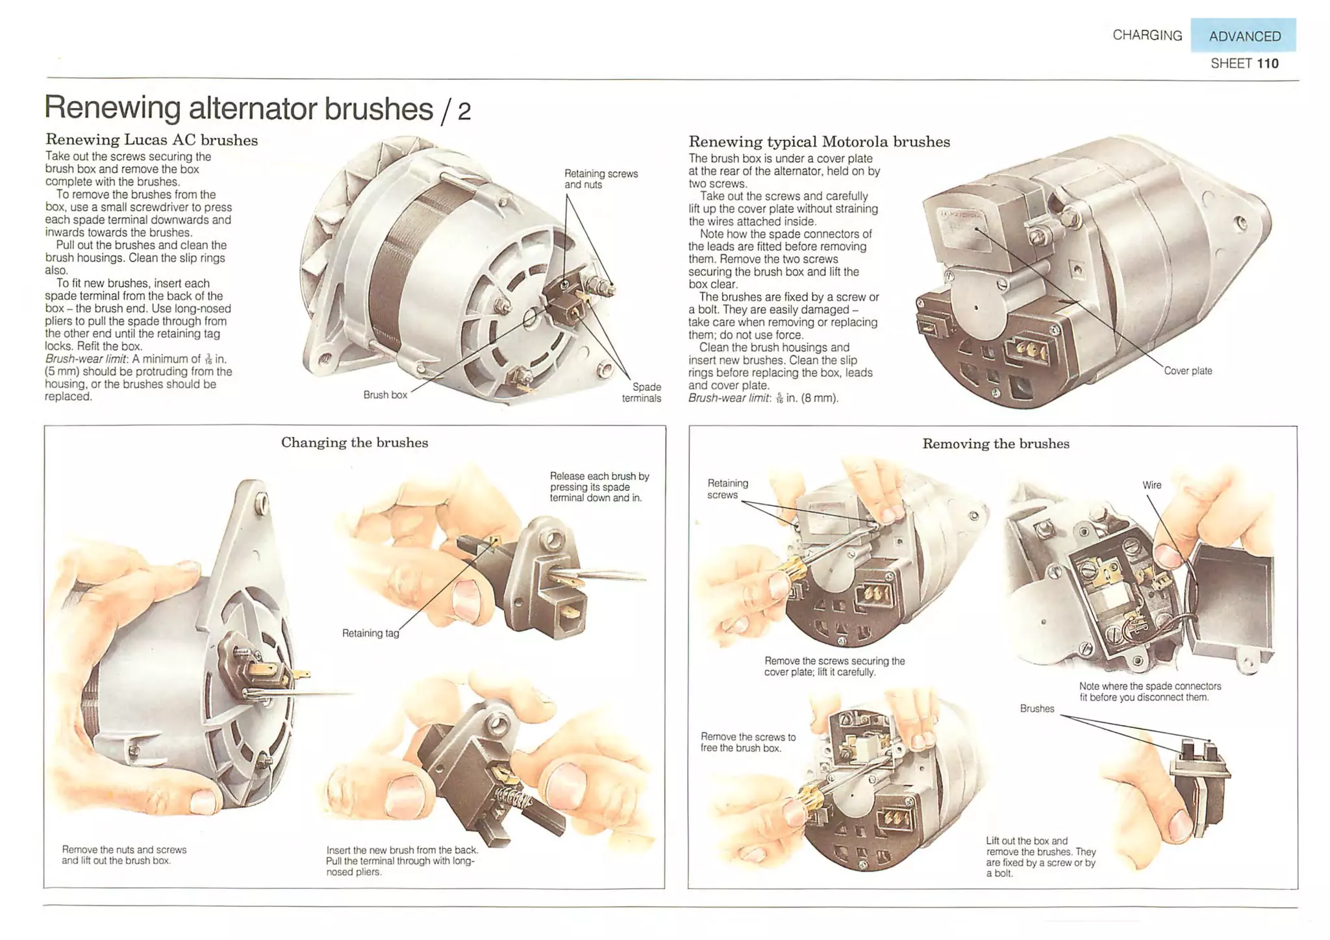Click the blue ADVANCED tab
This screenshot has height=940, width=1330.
[1243, 36]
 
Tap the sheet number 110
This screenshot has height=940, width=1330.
[1267, 64]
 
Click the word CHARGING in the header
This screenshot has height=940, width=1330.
[1147, 35]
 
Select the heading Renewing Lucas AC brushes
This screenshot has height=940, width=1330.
[151, 140]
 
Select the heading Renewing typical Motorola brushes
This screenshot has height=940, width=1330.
[818, 142]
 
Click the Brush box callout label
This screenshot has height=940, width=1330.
[385, 395]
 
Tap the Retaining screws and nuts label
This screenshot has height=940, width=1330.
[601, 179]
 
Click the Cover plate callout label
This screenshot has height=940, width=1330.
[1187, 371]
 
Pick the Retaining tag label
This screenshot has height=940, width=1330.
[370, 633]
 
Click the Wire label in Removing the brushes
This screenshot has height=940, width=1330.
[1151, 485]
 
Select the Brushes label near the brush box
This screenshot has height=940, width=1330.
[1036, 709]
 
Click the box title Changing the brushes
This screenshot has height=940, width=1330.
[354, 442]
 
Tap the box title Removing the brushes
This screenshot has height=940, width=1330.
[995, 444]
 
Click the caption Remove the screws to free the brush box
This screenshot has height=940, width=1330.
[747, 742]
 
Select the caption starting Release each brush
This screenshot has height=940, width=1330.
[599, 487]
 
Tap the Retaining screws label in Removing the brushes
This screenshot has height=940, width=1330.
[727, 489]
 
